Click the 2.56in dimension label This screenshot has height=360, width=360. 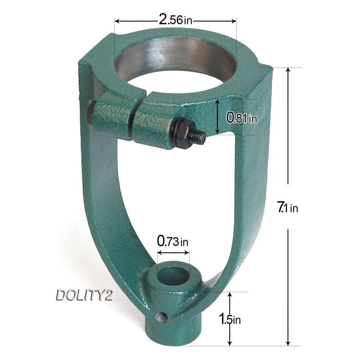(x=175, y=20)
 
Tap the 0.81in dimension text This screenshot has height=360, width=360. (x=242, y=118)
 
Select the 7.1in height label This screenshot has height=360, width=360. (x=288, y=207)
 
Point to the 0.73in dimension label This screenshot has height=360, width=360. (x=173, y=242)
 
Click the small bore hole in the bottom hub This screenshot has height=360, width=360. (x=174, y=275)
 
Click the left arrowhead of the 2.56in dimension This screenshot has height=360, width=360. (x=117, y=20)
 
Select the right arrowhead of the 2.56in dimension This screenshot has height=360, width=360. (x=234, y=20)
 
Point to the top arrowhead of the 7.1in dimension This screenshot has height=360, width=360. (x=288, y=71)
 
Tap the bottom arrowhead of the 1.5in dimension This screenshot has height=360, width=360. (x=230, y=343)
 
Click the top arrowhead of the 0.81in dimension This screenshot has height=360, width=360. (x=218, y=102)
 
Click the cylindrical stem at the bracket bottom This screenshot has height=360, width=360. (x=187, y=331)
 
